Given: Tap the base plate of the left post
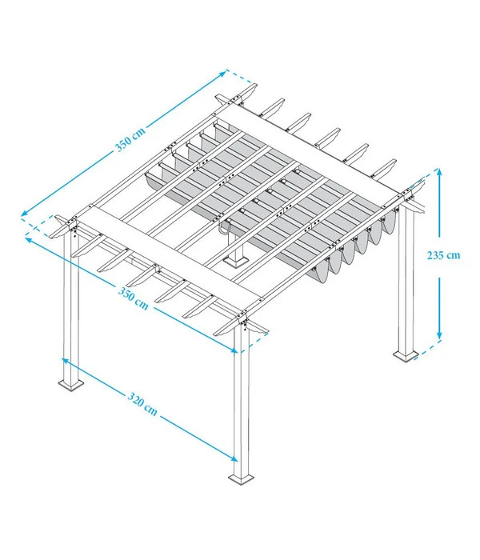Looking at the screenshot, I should [74, 386].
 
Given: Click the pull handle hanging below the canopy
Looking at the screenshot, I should [226, 228].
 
